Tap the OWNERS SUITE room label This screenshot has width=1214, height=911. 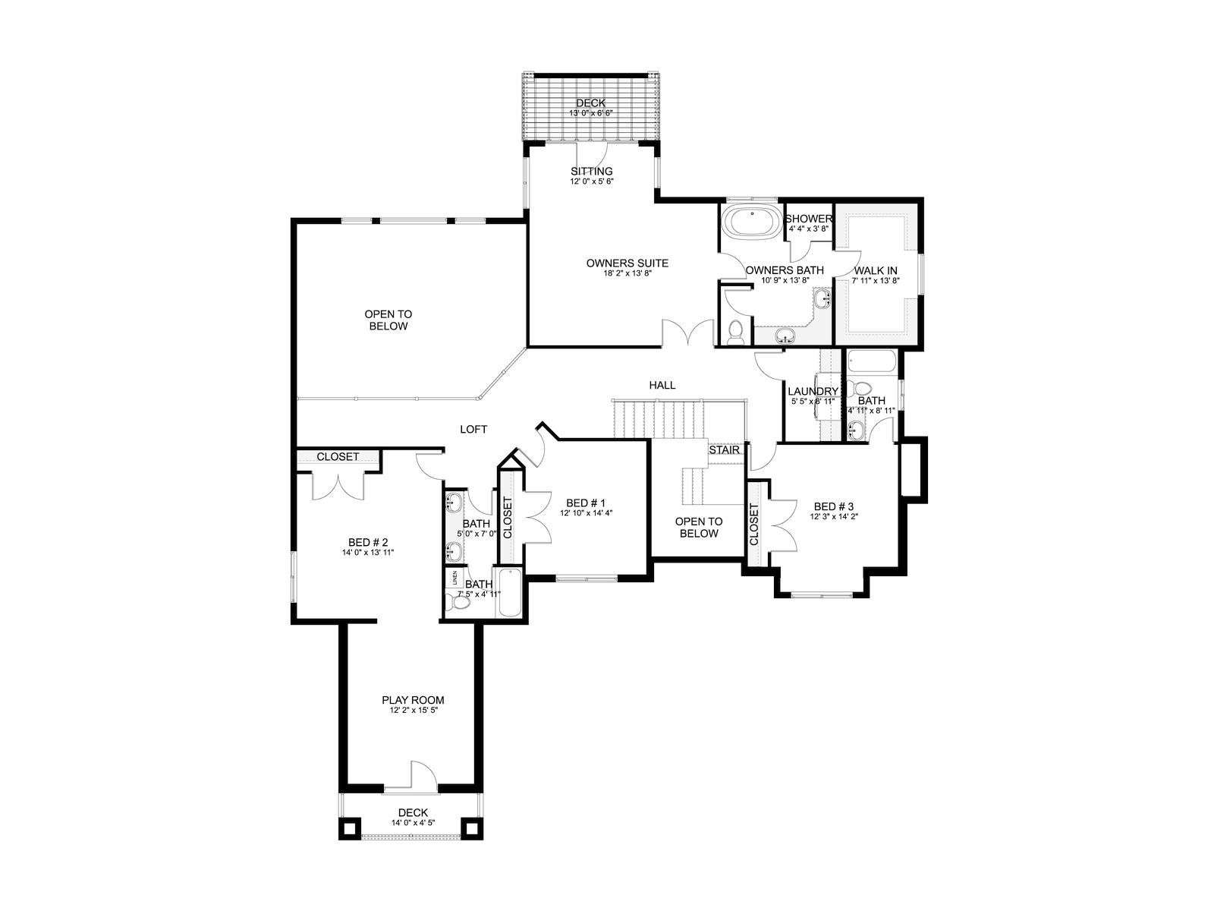(627, 263)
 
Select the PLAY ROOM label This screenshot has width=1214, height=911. (413, 700)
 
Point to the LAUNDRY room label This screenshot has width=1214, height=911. (813, 392)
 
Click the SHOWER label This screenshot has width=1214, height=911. (809, 219)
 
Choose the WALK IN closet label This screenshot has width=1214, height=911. (876, 271)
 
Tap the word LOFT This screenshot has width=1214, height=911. (473, 429)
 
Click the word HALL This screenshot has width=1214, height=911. (662, 385)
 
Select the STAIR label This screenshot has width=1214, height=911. (724, 450)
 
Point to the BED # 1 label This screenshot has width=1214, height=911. (586, 503)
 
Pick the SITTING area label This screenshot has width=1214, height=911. (591, 172)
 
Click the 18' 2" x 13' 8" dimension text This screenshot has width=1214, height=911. (627, 273)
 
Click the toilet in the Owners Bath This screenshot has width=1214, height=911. (735, 333)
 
